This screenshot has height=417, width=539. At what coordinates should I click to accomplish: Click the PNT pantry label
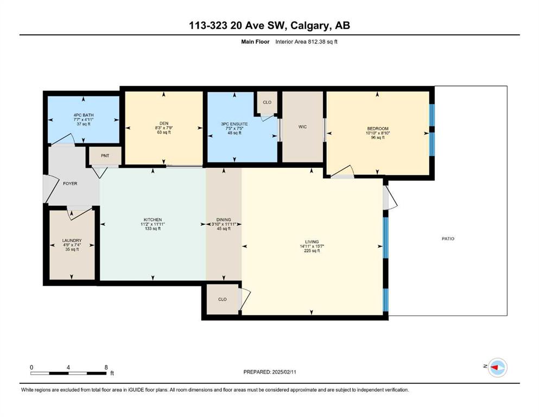click(x=105, y=156)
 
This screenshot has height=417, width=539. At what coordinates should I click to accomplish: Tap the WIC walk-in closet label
click(x=302, y=127)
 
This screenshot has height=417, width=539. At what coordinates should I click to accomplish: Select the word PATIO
click(x=448, y=238)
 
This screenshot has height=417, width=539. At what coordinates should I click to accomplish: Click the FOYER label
click(x=70, y=184)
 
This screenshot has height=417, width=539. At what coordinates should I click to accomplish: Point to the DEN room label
click(x=164, y=123)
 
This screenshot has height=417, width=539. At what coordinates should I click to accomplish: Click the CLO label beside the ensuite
click(x=267, y=103)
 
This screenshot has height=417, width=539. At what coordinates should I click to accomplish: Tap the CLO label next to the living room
click(x=223, y=299)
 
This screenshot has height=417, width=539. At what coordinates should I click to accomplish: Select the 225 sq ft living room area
click(x=312, y=251)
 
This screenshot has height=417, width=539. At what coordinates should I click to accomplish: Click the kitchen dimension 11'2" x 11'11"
click(x=153, y=224)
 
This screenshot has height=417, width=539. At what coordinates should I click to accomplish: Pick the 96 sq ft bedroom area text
click(x=378, y=137)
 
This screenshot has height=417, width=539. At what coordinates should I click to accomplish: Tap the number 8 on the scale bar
click(x=106, y=367)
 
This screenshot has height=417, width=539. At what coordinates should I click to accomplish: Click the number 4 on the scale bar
click(x=68, y=367)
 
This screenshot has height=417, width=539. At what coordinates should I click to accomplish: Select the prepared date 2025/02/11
click(x=284, y=372)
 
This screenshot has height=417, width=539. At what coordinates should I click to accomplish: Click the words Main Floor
click(x=255, y=42)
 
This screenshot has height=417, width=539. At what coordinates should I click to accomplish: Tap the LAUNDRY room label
click(x=72, y=241)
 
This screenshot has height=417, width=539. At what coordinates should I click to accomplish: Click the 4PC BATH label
click(x=84, y=115)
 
